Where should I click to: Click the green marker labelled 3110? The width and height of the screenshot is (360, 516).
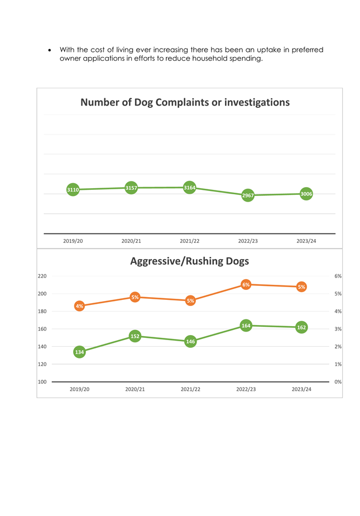73,189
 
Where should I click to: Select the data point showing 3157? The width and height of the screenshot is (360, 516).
131,188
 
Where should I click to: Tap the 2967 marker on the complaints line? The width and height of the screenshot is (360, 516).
248,195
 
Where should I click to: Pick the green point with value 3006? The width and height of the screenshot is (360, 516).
306,194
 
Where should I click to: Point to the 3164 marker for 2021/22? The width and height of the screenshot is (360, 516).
189,188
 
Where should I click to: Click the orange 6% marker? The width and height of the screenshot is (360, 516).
246,285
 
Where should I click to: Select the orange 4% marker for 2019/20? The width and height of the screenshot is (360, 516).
80,306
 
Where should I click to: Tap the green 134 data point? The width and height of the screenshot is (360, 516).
80,352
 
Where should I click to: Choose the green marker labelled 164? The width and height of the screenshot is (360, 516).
246,326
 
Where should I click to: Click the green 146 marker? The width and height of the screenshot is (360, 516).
190,342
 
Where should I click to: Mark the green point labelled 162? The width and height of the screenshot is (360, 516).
301,327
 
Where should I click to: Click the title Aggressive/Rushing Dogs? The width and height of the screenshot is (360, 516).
189,261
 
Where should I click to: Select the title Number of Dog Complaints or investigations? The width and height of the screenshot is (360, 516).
185,102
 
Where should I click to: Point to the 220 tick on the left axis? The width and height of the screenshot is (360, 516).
42,276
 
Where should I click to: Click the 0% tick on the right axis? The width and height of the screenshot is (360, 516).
338,382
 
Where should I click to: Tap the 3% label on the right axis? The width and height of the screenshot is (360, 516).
338,329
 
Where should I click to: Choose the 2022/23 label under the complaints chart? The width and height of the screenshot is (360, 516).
248,241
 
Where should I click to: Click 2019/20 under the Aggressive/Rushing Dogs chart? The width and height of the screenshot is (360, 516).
80,389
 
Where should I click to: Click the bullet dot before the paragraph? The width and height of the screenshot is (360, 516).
50,50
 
